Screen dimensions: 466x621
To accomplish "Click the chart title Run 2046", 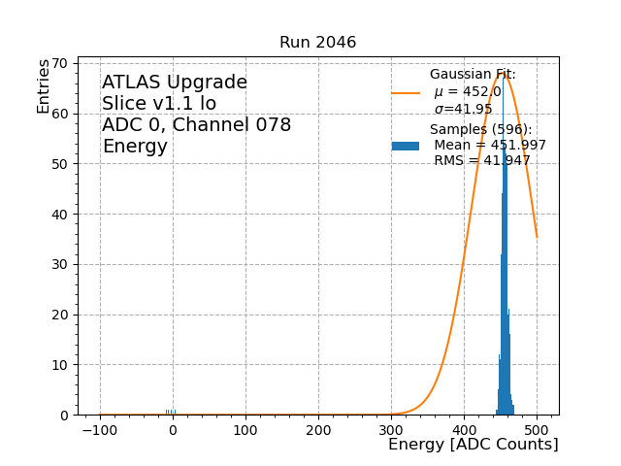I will pyautogui.click(x=317, y=43).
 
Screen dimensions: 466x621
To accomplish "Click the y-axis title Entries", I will pyautogui.click(x=44, y=85).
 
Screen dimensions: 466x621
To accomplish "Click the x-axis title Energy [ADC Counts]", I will pyautogui.click(x=473, y=445).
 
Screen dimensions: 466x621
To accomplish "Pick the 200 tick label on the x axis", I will pyautogui.click(x=318, y=428).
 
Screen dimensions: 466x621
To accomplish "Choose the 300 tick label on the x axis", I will pyautogui.click(x=391, y=428).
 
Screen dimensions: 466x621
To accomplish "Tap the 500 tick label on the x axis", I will pyautogui.click(x=537, y=428).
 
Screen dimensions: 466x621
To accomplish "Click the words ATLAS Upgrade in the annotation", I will pyautogui.click(x=175, y=83).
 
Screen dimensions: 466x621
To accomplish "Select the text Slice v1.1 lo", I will pyautogui.click(x=159, y=104).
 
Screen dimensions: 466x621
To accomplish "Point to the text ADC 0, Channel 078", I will pyautogui.click(x=196, y=125).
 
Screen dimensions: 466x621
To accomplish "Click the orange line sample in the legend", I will pyautogui.click(x=406, y=93).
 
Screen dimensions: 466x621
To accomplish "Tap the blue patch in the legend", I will pyautogui.click(x=406, y=146).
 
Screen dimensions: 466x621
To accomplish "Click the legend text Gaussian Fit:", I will pyautogui.click(x=473, y=75).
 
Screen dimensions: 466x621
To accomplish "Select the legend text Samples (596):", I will pyautogui.click(x=480, y=130).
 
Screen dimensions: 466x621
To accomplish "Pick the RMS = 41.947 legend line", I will pyautogui.click(x=481, y=161).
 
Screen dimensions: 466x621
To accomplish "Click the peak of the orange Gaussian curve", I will pyautogui.click(x=503, y=73).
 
